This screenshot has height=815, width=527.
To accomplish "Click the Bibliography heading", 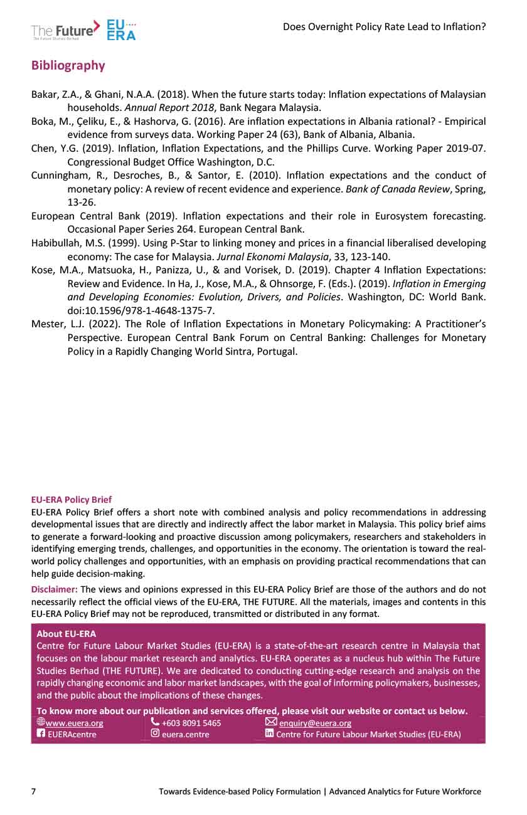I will (x=68, y=66).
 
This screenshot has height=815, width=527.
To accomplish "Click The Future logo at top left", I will (x=65, y=29).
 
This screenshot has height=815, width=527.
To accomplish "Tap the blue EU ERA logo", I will (x=121, y=29).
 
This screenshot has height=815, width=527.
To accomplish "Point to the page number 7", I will (x=34, y=791).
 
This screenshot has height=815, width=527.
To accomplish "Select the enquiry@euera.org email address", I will (x=315, y=723).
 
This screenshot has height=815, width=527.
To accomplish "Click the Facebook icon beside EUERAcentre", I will (x=41, y=734).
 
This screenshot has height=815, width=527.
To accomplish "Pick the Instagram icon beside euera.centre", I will (x=155, y=734).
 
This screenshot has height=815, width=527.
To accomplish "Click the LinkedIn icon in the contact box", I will (x=270, y=734).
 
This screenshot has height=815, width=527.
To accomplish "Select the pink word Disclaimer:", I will (x=55, y=589).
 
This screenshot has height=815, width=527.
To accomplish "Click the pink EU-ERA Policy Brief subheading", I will (x=72, y=500).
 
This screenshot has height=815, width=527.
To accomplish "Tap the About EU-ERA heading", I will (x=66, y=634).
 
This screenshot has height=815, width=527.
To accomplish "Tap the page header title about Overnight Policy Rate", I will (x=384, y=26).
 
